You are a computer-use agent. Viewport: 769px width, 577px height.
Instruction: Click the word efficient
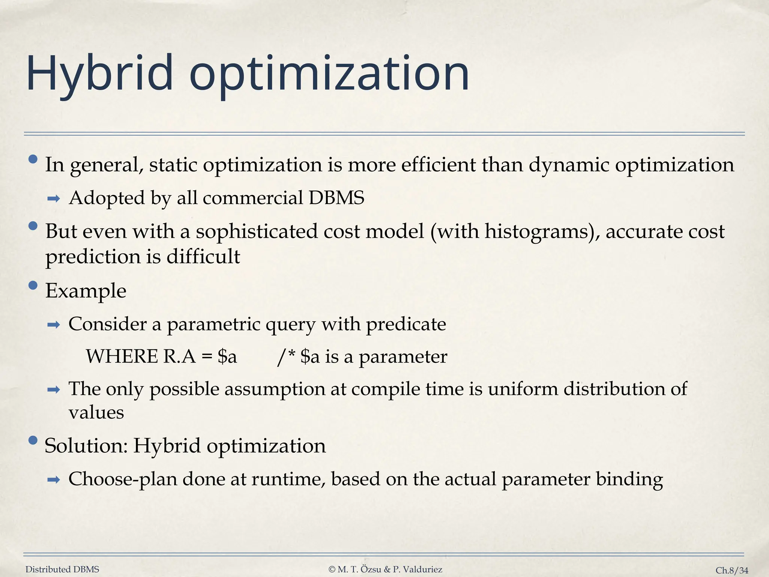click(438, 165)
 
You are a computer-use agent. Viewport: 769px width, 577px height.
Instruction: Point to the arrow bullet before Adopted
click(54, 199)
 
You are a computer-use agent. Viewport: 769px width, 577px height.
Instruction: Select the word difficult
click(203, 257)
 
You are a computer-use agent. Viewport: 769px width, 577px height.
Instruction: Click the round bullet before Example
click(33, 286)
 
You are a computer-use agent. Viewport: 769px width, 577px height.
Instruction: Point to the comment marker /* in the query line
click(285, 356)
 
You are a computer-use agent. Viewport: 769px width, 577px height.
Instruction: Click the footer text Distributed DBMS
click(62, 569)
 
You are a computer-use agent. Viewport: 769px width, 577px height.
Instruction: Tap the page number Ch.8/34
click(732, 570)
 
